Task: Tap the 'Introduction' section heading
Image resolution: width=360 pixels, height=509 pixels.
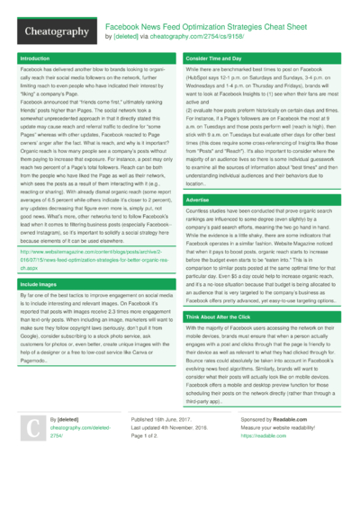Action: pos(35,58)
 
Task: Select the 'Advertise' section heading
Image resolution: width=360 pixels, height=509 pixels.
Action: pos(199,199)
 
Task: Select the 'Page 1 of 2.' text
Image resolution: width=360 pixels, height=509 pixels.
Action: pos(148,460)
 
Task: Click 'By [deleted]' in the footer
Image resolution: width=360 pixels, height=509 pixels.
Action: pos(68,445)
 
